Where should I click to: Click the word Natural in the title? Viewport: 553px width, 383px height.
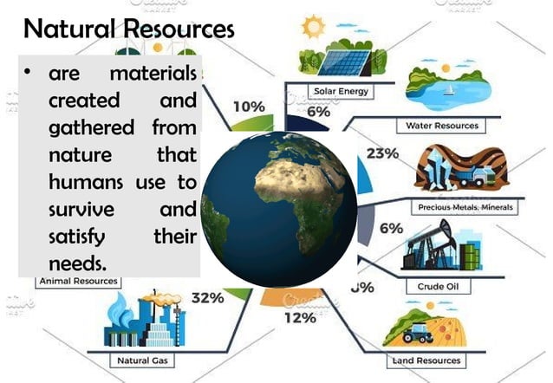coord(68,29)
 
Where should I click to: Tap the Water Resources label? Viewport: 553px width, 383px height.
coord(442,126)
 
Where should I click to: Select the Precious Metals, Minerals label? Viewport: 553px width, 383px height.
coord(465,208)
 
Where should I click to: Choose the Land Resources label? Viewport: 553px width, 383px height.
coord(426,359)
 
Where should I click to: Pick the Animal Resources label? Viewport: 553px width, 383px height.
coord(78,281)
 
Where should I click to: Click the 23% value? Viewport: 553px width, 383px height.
coord(382,154)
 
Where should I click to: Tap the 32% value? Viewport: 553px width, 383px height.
coord(207,298)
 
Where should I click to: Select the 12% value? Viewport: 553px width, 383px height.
coord(300,317)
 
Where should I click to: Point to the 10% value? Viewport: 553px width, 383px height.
coord(249,107)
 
